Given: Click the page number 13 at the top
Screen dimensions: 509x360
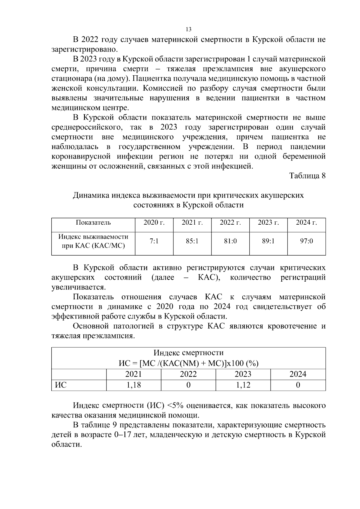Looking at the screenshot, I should (188, 29).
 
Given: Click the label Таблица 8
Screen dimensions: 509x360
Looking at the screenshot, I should (307, 176).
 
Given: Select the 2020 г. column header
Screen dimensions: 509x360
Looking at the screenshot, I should (154, 223).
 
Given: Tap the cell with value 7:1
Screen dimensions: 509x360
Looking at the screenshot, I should (154, 241).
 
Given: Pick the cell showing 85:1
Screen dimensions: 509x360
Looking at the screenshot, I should (192, 241).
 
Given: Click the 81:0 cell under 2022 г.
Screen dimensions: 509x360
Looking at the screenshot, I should (230, 241).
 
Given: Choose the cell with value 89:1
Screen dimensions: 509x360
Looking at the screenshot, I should (268, 241).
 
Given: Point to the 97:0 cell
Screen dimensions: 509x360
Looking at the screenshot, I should (306, 241).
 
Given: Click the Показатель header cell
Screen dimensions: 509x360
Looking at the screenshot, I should (93, 223).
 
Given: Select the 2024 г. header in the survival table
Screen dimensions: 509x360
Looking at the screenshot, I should (306, 223).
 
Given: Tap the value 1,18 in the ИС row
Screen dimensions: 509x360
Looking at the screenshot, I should (133, 385).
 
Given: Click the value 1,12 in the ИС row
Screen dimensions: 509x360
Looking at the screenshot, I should (243, 385).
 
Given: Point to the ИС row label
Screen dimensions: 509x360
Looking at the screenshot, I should (61, 385).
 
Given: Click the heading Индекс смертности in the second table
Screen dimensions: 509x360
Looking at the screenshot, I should (188, 353).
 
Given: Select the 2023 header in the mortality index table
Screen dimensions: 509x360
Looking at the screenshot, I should (243, 374).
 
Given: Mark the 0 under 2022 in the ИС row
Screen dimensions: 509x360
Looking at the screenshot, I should (188, 385).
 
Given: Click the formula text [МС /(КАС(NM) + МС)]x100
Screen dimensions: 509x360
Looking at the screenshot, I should (198, 364).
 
